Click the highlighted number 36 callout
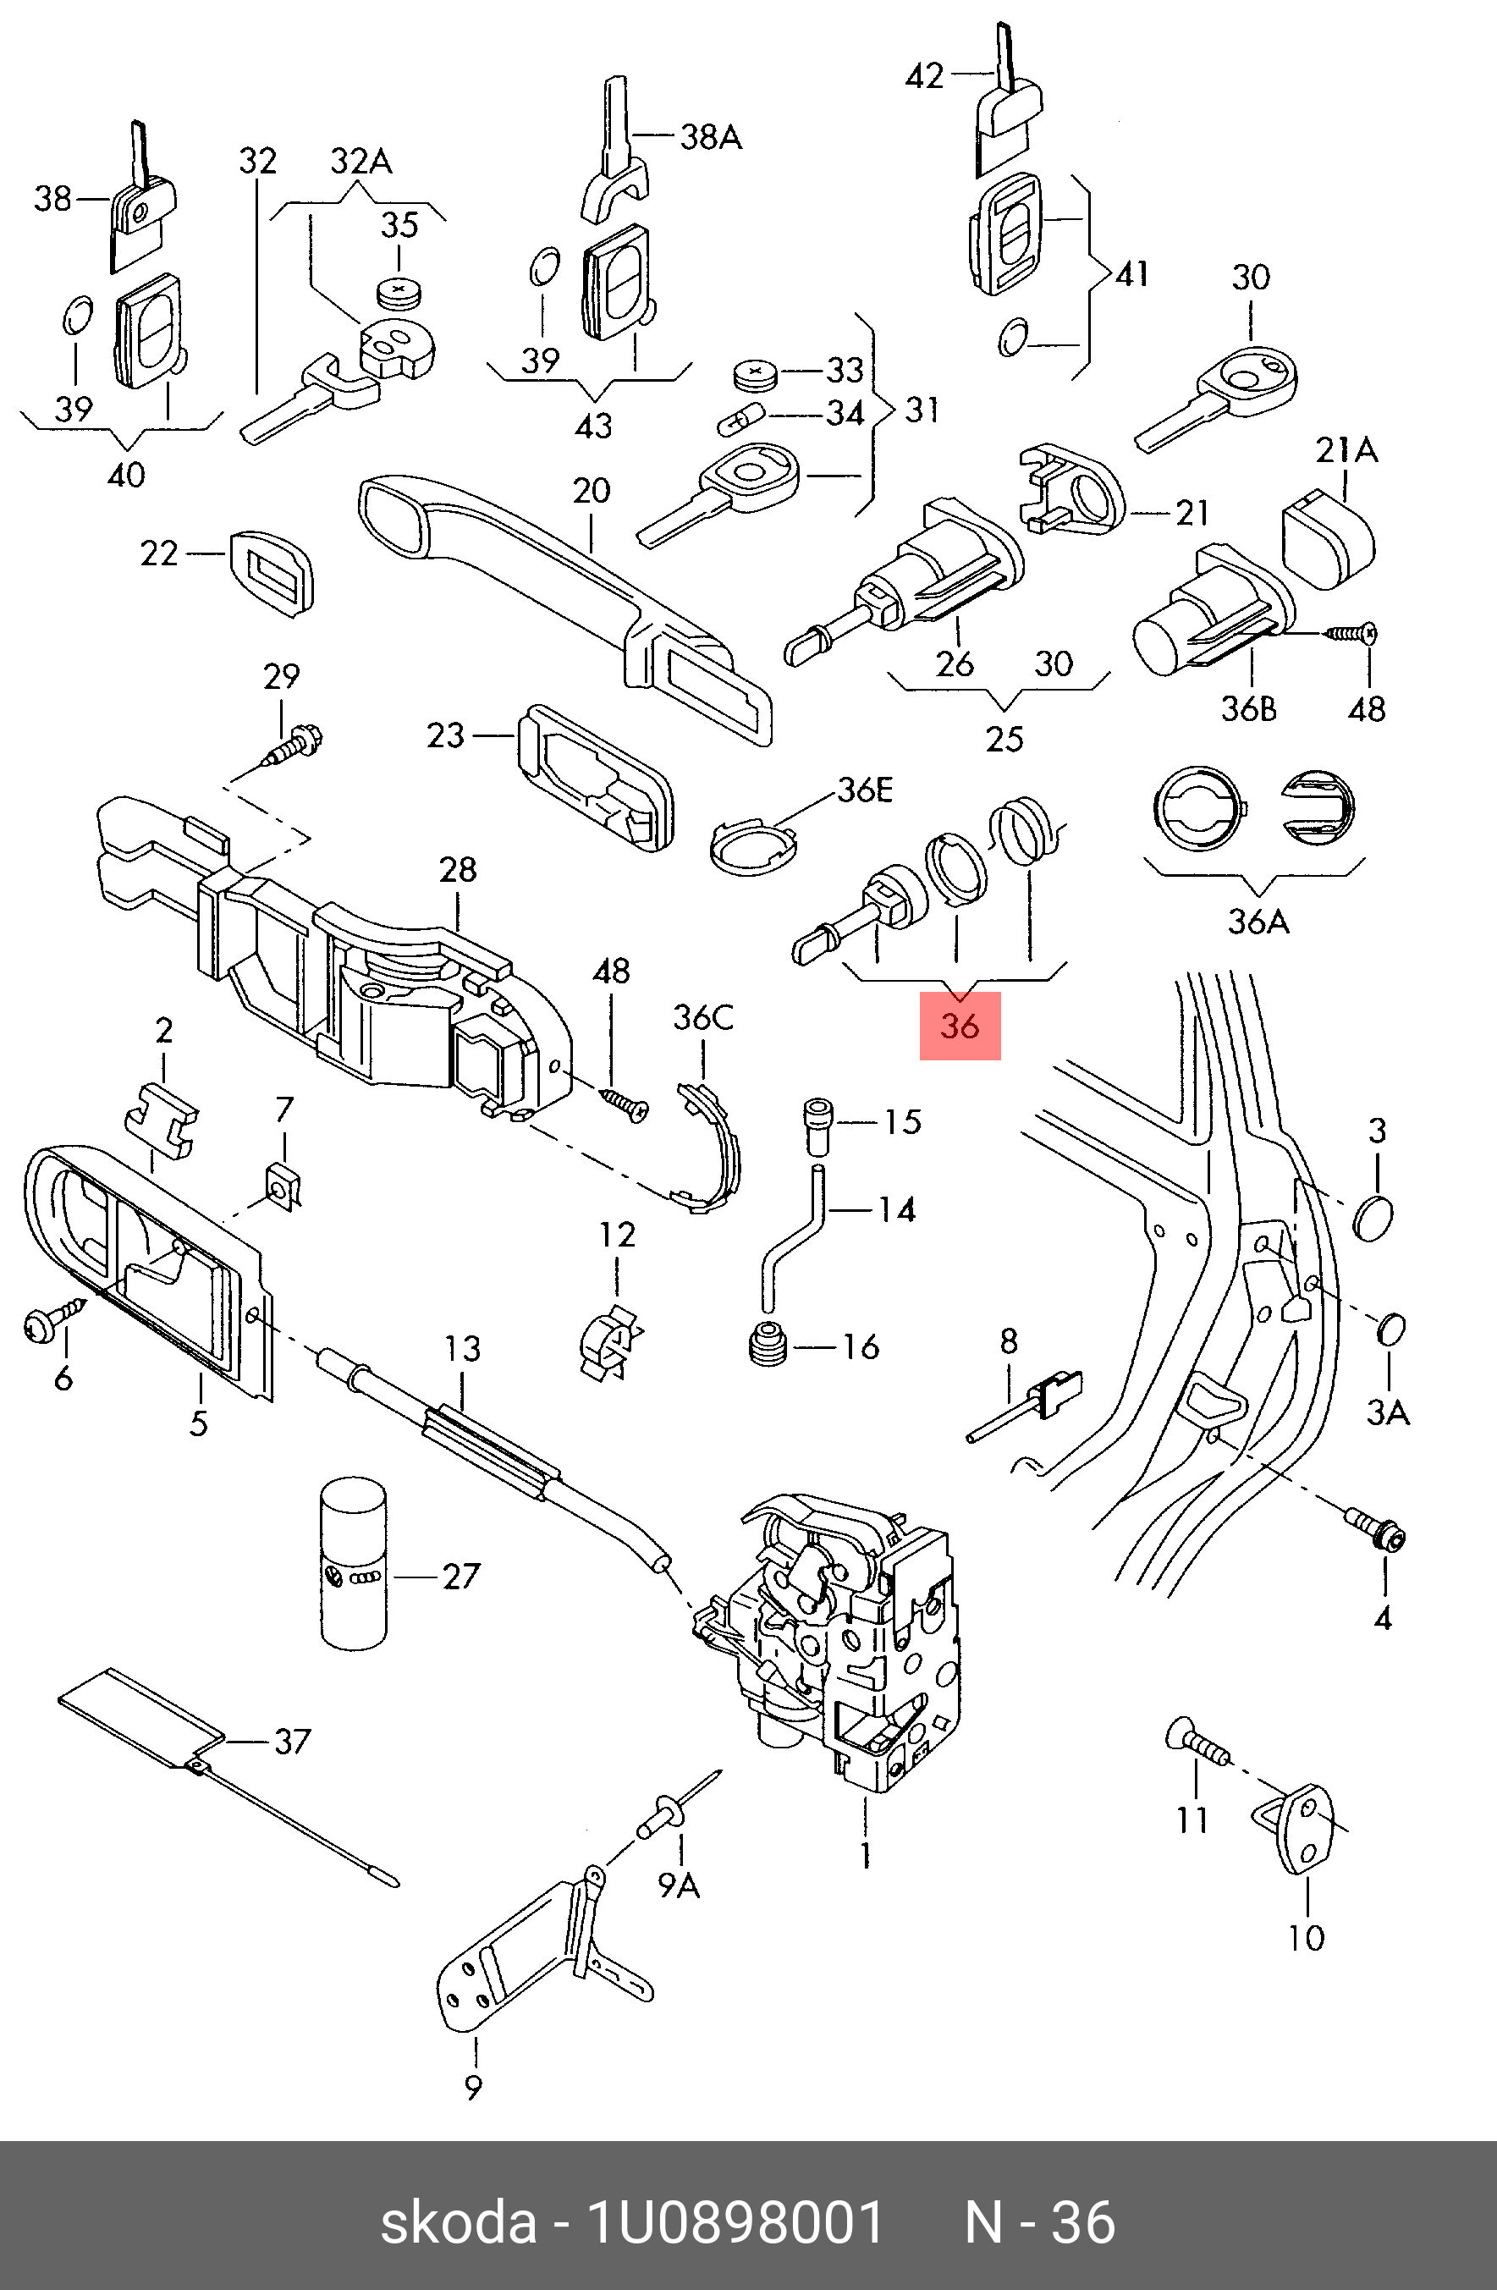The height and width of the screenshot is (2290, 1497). (x=959, y=1026)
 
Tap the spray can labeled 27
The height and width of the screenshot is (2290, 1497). (x=354, y=1564)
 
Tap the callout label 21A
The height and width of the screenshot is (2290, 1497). (x=1346, y=450)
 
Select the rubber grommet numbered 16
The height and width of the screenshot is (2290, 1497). (x=768, y=1344)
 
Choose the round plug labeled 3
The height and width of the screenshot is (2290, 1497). (x=1372, y=1219)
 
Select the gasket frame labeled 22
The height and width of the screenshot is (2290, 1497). (x=272, y=571)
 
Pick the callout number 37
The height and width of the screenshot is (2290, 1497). (x=293, y=1742)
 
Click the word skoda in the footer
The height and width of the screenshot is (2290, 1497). (x=458, y=2222)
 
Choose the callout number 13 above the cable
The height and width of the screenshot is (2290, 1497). (x=462, y=1349)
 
